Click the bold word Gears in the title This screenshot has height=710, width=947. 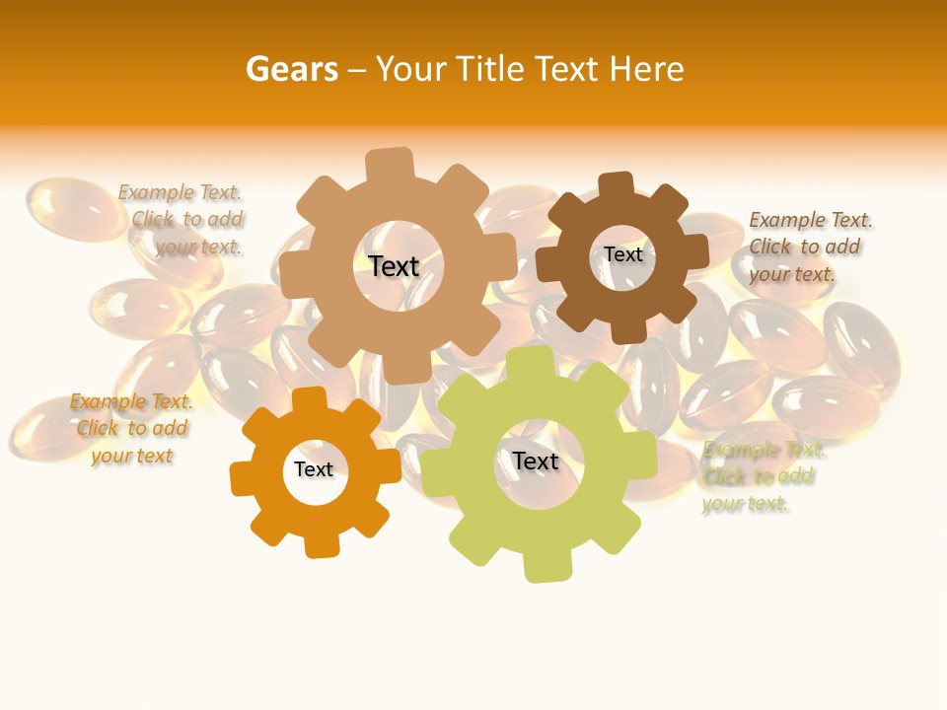pyautogui.click(x=292, y=69)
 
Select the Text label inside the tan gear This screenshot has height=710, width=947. pyautogui.click(x=394, y=266)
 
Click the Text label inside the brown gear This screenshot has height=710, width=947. pyautogui.click(x=623, y=254)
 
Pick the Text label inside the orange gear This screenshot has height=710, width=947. pyautogui.click(x=314, y=470)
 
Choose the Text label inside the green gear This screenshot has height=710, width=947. pyautogui.click(x=536, y=461)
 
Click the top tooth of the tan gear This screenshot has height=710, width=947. pyautogui.click(x=390, y=166)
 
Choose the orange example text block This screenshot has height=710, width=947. pyautogui.click(x=131, y=429)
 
